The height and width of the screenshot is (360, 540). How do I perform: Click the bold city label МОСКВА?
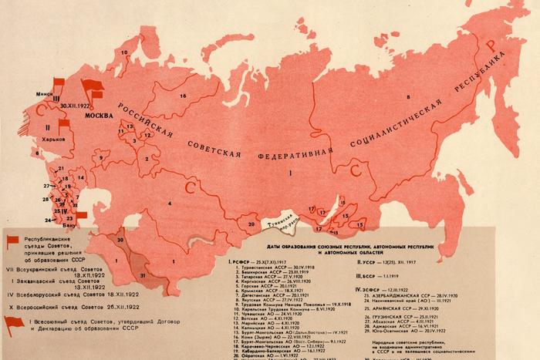(99, 116)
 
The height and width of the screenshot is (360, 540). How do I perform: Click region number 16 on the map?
(183, 96)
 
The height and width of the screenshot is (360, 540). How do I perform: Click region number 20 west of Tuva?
(251, 224)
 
